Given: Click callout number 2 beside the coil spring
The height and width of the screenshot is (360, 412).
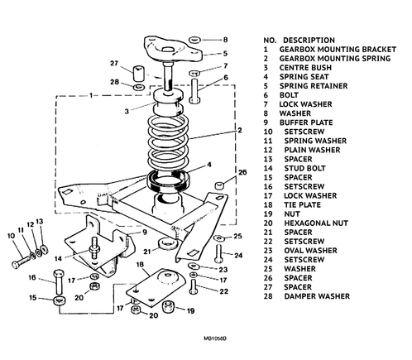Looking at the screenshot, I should (x=238, y=130).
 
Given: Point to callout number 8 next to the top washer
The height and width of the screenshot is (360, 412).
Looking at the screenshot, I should (x=224, y=39).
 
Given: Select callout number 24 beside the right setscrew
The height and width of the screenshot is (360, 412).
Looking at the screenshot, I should (x=238, y=255).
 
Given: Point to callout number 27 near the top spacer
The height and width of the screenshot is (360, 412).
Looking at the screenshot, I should (x=114, y=63).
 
